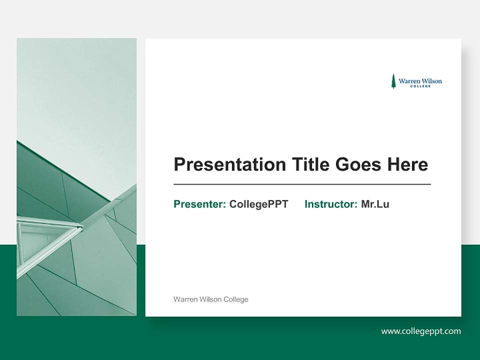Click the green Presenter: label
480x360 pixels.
tap(199, 204)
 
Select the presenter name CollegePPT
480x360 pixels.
tap(258, 204)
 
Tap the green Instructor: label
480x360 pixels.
tap(330, 204)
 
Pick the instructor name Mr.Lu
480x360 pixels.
tap(375, 204)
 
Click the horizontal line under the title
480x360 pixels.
tap(302, 184)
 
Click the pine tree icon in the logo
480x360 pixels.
tap(393, 81)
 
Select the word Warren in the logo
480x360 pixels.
tap(409, 80)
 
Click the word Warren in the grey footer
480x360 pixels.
tap(185, 299)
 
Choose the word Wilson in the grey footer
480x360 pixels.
tap(210, 299)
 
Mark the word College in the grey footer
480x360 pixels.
tap(235, 299)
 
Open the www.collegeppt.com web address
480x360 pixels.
tap(421, 331)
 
